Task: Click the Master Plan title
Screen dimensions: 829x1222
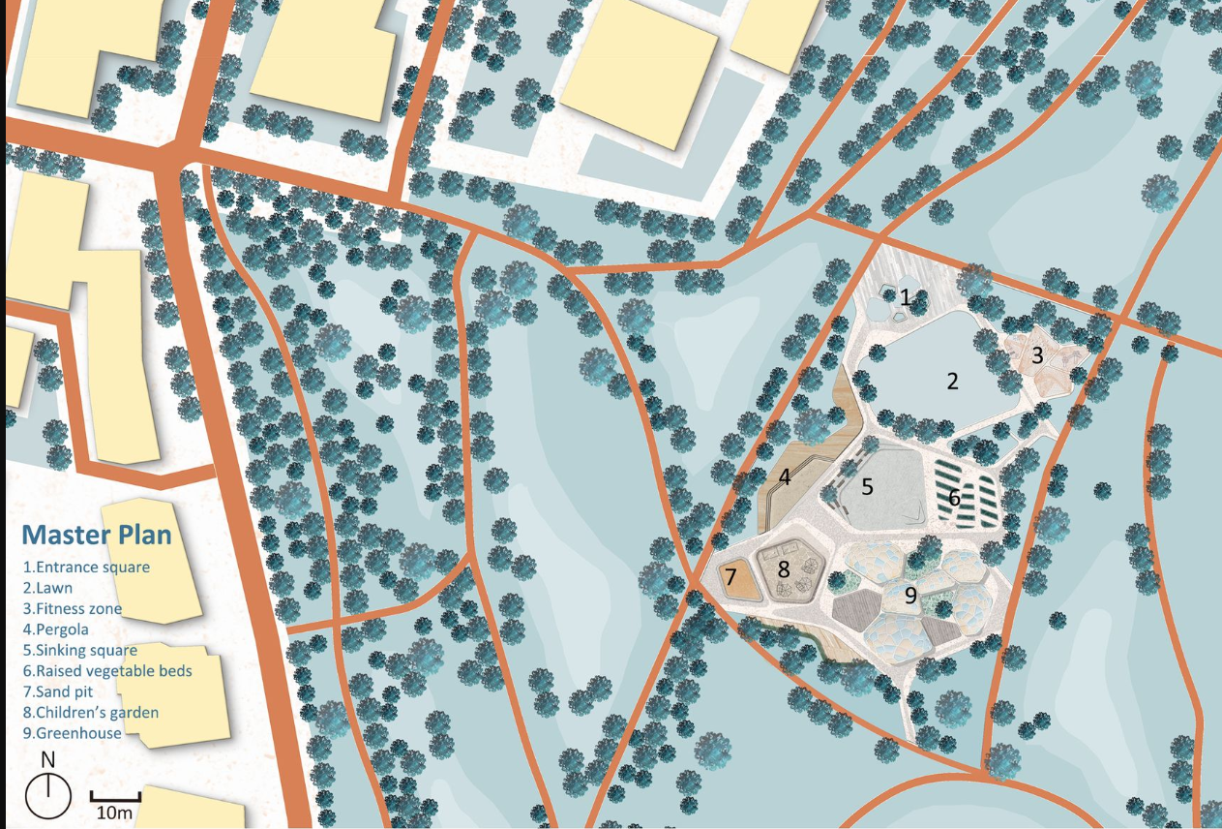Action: (97, 535)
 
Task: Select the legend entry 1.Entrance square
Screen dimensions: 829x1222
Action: (86, 568)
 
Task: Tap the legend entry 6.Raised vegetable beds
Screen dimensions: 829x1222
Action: (107, 671)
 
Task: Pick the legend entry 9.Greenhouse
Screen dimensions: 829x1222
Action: (72, 733)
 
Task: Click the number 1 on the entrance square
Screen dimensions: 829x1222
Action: (906, 297)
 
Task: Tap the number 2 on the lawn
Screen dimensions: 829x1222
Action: (952, 381)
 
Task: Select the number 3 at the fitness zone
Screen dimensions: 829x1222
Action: (1037, 355)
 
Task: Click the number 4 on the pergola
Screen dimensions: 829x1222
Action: (786, 476)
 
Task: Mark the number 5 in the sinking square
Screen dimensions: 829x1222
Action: (867, 486)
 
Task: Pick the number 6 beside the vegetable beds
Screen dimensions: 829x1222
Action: (954, 498)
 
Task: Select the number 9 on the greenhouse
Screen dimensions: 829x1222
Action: (910, 596)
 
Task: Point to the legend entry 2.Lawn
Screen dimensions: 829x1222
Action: (47, 588)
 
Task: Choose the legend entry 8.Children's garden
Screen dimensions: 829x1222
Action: (90, 712)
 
